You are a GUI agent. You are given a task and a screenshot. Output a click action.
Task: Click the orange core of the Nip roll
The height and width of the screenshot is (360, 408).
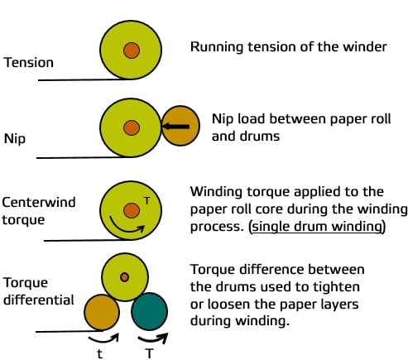[x=131, y=127]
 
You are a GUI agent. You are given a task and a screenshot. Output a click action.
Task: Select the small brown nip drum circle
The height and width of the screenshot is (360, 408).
[x=181, y=127]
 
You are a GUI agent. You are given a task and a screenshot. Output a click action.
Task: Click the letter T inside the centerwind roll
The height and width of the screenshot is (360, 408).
[x=146, y=199]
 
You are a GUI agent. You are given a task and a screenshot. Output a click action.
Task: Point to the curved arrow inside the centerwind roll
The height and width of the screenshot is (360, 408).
[x=124, y=224]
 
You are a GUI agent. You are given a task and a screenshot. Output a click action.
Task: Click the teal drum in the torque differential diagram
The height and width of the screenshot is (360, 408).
[x=149, y=311]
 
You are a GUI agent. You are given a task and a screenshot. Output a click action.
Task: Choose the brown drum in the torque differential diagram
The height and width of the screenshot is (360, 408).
[x=103, y=311]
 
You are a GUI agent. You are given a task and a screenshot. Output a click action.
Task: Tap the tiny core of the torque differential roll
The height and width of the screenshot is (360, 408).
[x=124, y=277]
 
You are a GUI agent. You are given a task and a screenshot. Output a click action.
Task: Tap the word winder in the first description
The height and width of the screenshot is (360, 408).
[x=366, y=46]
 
